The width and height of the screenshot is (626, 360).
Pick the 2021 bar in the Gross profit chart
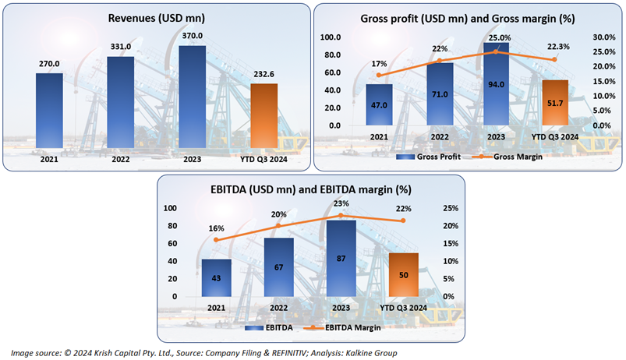tap(379, 104)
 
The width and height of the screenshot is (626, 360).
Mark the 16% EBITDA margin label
tap(216, 228)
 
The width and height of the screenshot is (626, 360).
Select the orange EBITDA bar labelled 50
tap(404, 274)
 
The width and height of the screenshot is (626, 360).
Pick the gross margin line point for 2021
tap(379, 75)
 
